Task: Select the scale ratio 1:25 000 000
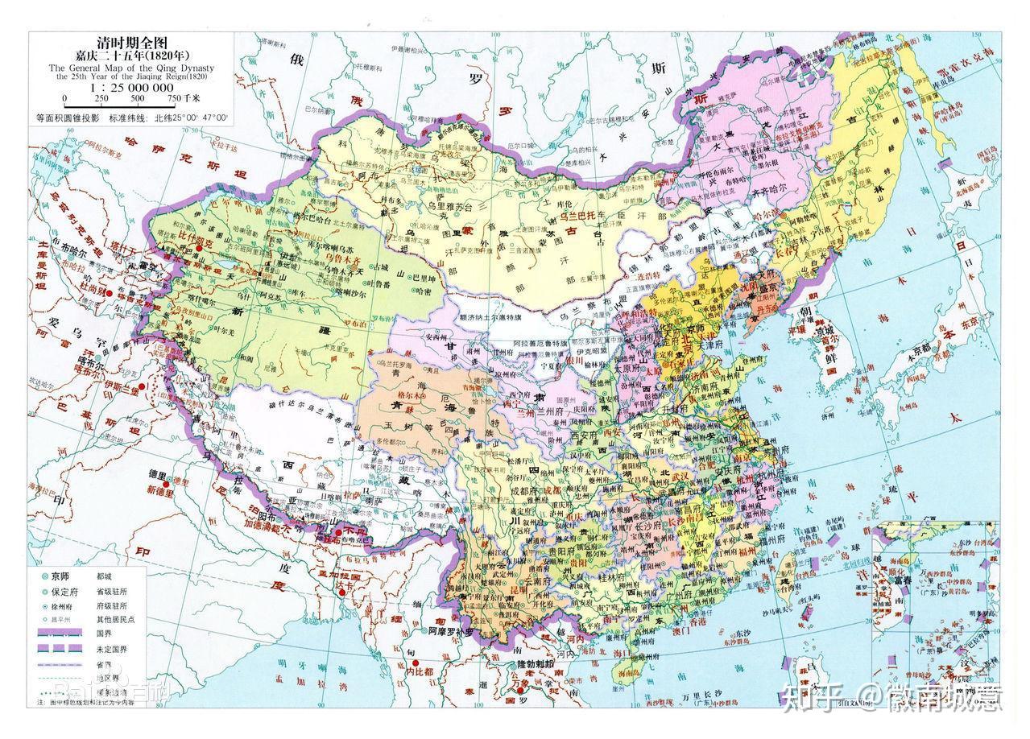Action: click(132, 87)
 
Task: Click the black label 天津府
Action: click(694, 345)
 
